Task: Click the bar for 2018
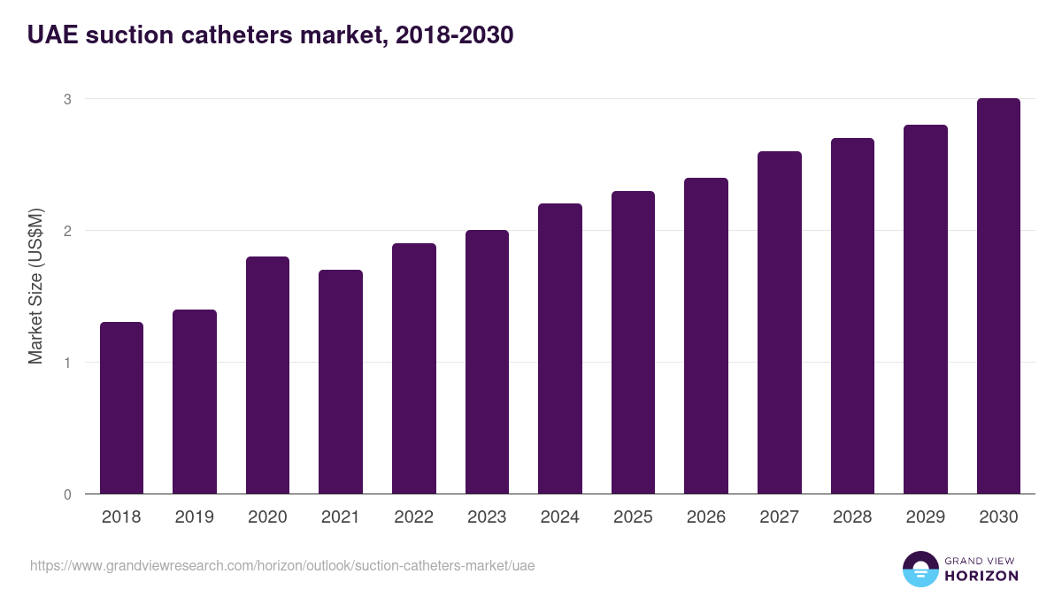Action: pos(121,408)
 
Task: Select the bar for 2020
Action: pos(267,375)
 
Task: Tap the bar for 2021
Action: pos(341,381)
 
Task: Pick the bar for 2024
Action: pos(560,348)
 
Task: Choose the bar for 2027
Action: pos(780,322)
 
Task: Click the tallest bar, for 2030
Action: pos(998,295)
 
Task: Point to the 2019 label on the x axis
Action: pos(194,517)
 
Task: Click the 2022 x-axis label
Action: pos(413,517)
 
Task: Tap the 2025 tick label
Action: pos(633,517)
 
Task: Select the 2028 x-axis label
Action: pos(852,517)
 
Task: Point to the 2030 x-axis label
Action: pos(998,517)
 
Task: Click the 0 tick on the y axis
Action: pos(66,494)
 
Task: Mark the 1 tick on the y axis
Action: pos(66,363)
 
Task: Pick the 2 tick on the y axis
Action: pos(66,231)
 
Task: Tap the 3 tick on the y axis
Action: pos(66,99)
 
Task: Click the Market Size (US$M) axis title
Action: pos(35,287)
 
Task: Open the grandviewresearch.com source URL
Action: pos(282,565)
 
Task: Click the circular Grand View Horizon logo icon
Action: pos(920,570)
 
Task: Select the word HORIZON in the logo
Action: pos(981,576)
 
